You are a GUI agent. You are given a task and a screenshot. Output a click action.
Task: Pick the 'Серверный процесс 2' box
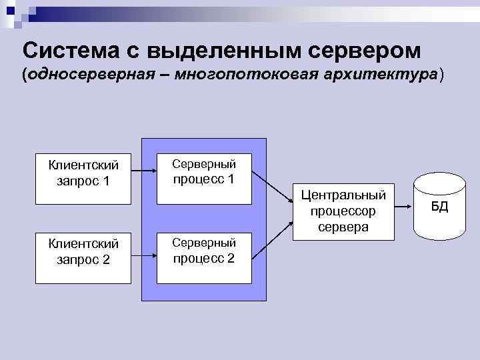point(203,251)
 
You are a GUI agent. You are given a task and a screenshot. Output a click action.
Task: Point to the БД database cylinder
point(439,206)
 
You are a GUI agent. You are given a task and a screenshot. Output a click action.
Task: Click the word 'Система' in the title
point(67,50)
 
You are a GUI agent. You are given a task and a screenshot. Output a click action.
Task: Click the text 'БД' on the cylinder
point(439,206)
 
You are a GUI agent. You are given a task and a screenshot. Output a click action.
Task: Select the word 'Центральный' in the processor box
point(343,195)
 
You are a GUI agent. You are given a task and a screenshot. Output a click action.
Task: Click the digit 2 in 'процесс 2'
point(231,258)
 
